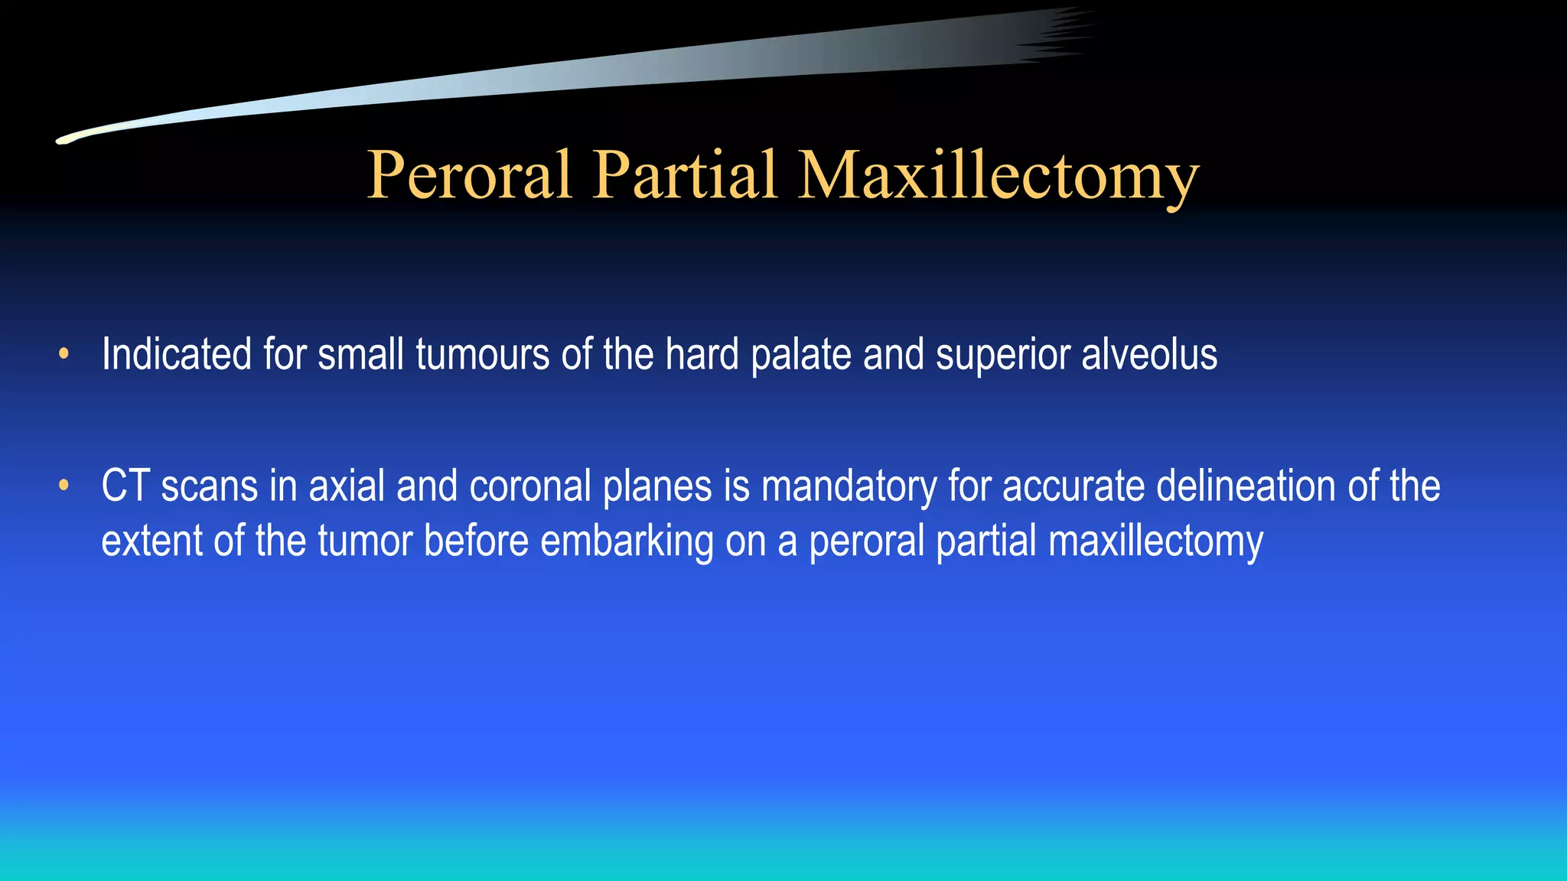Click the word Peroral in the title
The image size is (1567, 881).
(469, 175)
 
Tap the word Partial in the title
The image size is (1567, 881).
(685, 175)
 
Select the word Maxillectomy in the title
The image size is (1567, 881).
(998, 175)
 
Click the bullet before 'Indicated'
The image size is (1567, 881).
(64, 354)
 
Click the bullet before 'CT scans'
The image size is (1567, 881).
(64, 486)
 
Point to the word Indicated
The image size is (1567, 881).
(176, 355)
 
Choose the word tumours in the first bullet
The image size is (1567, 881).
(482, 355)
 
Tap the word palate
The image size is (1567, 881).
(800, 355)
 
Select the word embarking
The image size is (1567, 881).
(627, 541)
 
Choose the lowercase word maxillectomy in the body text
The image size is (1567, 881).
(1155, 541)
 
